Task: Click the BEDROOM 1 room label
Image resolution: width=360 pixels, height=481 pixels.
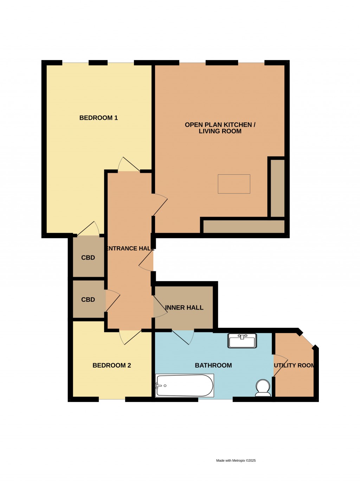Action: [x=98, y=118]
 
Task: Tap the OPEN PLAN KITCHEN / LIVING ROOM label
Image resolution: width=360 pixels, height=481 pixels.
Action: [x=220, y=128]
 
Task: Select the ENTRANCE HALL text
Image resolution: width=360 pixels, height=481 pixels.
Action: [x=130, y=248]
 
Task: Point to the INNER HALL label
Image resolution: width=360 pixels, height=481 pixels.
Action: [x=184, y=308]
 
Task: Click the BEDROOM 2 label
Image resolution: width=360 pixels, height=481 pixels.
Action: [x=111, y=365]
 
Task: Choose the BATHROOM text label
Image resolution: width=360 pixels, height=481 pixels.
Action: [x=213, y=365]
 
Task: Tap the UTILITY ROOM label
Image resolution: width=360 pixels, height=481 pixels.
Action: [x=294, y=365]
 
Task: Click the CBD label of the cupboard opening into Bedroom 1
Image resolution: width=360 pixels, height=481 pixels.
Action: [x=88, y=258]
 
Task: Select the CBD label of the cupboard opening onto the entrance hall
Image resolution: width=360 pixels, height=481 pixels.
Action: [x=88, y=300]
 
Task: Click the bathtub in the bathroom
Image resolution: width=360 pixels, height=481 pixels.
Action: [x=185, y=385]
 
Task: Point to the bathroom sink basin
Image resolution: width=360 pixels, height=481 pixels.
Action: [x=242, y=341]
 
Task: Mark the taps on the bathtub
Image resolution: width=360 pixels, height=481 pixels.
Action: [x=159, y=386]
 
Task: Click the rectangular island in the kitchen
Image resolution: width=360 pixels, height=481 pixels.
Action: [x=234, y=184]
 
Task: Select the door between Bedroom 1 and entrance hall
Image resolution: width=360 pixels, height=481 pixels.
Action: [x=129, y=165]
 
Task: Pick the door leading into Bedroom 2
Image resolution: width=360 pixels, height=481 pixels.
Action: [x=130, y=337]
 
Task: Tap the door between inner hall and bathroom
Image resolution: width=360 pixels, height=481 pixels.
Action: [x=183, y=337]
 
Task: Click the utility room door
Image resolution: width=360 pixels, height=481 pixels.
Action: [x=281, y=365]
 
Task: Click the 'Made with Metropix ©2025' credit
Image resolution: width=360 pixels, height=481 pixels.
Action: [x=236, y=460]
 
